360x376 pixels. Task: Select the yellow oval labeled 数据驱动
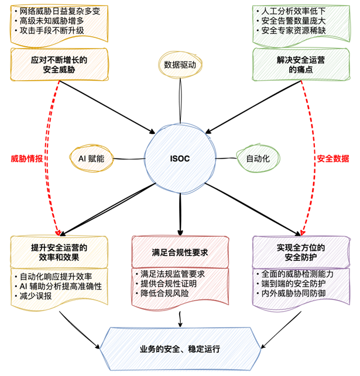click(x=180, y=65)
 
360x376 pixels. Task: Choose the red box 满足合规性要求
click(x=180, y=251)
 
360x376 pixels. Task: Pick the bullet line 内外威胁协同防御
click(x=293, y=291)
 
